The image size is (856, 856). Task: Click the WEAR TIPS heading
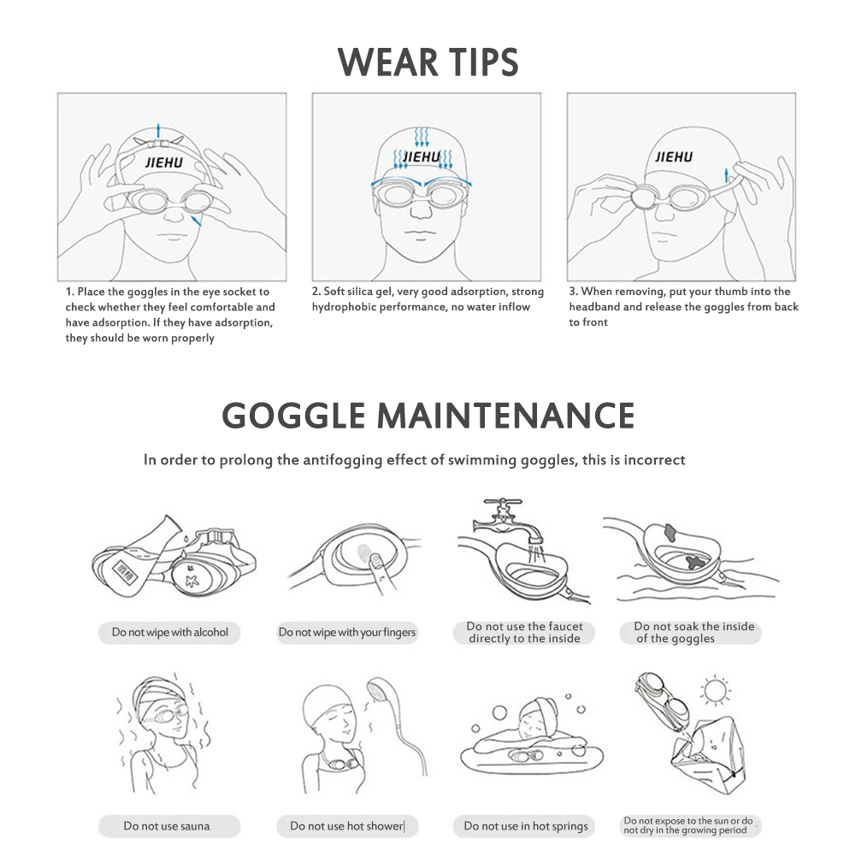(x=428, y=62)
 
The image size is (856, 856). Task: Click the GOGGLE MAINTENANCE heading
(x=428, y=416)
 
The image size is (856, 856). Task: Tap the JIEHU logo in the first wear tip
(x=164, y=162)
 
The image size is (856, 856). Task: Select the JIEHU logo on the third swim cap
(x=674, y=157)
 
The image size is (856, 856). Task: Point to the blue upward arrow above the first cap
(x=158, y=131)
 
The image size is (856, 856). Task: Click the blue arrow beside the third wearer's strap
(x=726, y=175)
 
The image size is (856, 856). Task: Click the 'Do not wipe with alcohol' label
(x=170, y=632)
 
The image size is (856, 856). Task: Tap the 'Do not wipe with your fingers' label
(x=347, y=632)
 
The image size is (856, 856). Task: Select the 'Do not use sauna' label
(x=167, y=826)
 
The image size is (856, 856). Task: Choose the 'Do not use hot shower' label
(x=346, y=826)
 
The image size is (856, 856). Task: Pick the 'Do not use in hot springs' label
(x=526, y=826)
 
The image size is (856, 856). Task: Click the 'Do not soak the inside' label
(x=694, y=632)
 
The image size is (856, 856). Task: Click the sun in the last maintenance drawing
(x=715, y=691)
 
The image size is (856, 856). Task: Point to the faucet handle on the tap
(x=503, y=501)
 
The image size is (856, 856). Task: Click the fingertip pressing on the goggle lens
(x=375, y=558)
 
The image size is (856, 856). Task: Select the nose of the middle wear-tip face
(x=421, y=210)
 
